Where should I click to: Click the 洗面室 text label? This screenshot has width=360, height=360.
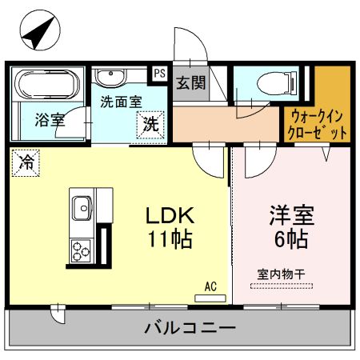click(x=121, y=102)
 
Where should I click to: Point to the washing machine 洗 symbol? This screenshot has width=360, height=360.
click(x=150, y=124)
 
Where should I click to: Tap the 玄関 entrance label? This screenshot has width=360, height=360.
click(x=190, y=82)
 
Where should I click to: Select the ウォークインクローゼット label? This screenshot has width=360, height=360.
click(x=319, y=123)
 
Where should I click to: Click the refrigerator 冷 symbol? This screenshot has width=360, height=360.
click(x=26, y=163)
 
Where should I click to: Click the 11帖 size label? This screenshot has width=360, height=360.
click(x=171, y=239)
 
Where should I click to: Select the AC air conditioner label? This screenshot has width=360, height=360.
click(x=210, y=286)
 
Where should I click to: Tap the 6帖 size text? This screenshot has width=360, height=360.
click(x=290, y=239)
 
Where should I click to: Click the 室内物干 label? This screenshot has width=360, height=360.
click(x=280, y=274)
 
